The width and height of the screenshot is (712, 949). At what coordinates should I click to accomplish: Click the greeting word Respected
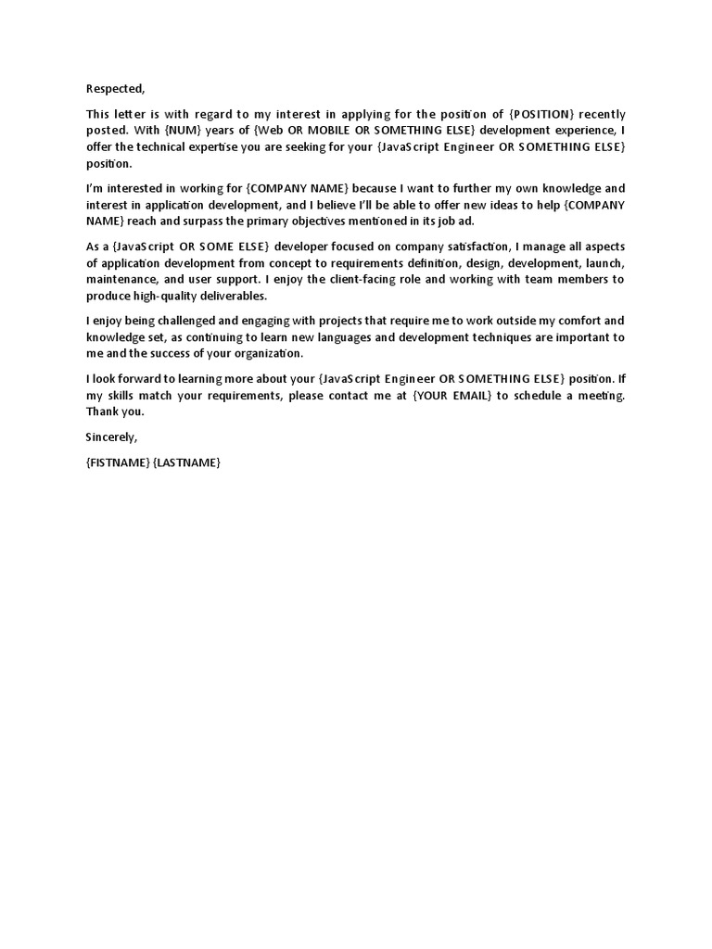(116, 89)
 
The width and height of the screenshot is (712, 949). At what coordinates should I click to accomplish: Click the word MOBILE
(321, 131)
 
